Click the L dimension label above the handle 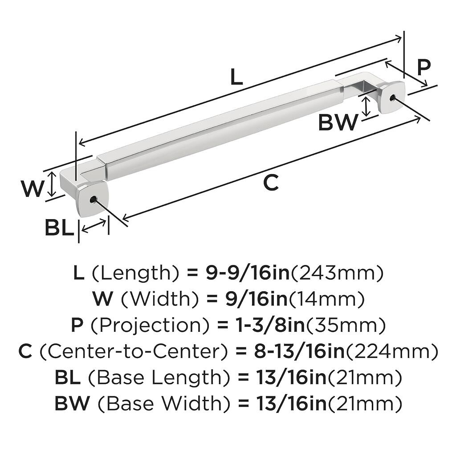click(236, 78)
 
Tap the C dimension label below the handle click(271, 183)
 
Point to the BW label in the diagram click(338, 123)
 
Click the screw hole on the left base click(93, 200)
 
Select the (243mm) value click(337, 273)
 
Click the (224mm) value click(392, 352)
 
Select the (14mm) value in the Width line click(327, 299)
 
